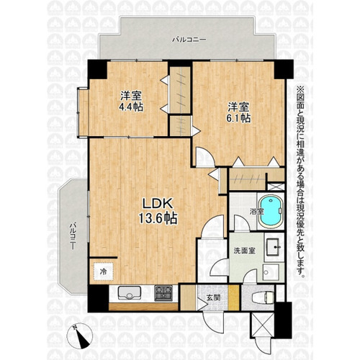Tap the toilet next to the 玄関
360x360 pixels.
pos(263,298)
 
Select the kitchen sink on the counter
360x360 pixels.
pos(129,293)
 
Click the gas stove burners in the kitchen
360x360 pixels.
pos(163,293)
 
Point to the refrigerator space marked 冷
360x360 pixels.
pos(103,271)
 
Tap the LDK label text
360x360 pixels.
pos(158,204)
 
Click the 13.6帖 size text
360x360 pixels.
pos(158,219)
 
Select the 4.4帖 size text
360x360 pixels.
pos(131,107)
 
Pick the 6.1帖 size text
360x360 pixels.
pos(239,118)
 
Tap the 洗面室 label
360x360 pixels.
pos(245,251)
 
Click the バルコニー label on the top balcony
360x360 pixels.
pos(189,40)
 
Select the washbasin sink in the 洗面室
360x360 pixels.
pos(274,246)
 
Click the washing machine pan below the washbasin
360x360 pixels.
pos(271,272)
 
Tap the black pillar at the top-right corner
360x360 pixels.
pos(284,69)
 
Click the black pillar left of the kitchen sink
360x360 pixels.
pos(98,298)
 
